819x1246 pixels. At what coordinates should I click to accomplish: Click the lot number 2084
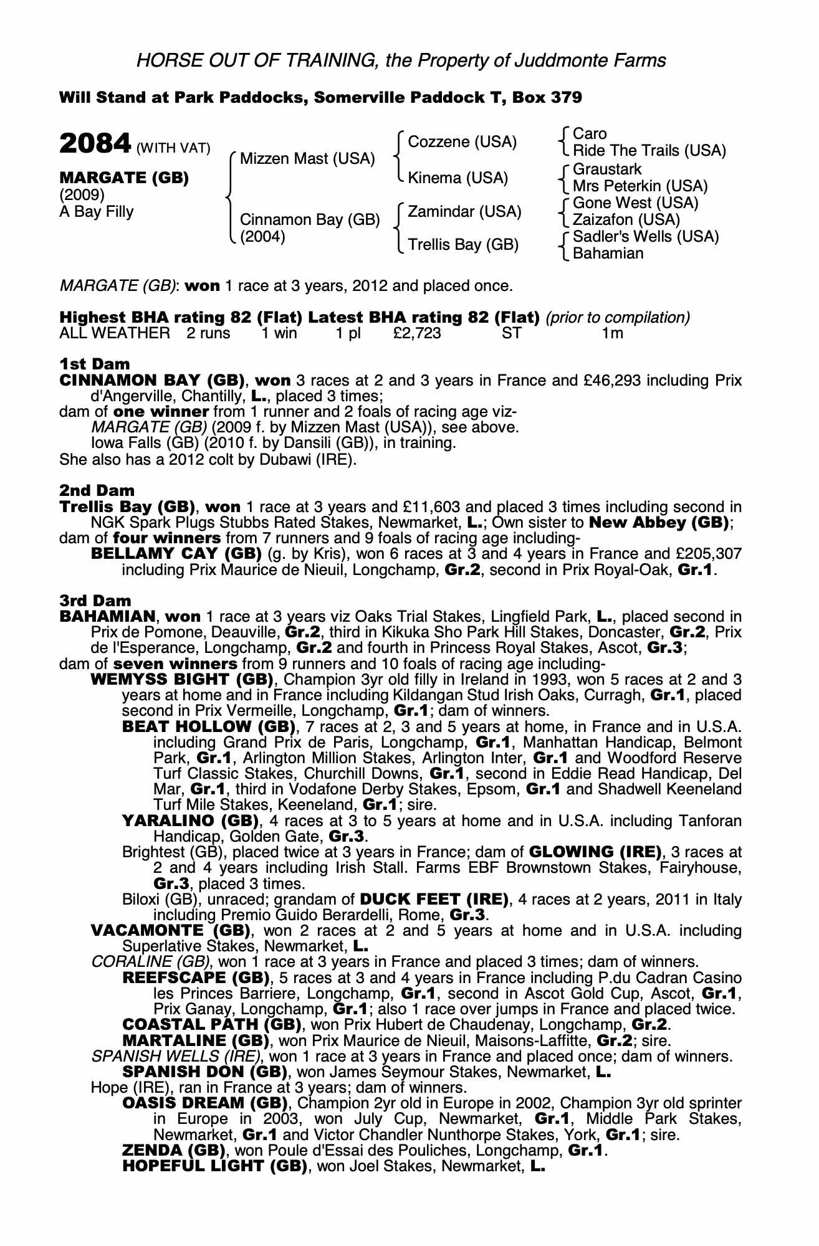tap(94, 144)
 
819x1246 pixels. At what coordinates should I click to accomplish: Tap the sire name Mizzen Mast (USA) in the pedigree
tap(307, 159)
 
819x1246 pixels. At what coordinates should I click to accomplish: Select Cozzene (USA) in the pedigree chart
tap(462, 142)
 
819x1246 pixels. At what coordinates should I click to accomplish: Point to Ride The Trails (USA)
tap(649, 151)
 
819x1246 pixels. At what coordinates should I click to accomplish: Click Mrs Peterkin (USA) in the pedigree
tap(640, 186)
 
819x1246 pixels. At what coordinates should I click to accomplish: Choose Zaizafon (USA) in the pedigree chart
tap(626, 220)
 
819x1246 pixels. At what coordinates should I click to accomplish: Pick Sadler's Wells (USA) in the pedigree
tap(646, 237)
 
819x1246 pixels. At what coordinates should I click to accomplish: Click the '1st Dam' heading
tap(95, 364)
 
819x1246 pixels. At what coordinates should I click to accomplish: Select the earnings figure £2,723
tap(417, 333)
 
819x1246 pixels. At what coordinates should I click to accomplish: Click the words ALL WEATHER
tap(114, 333)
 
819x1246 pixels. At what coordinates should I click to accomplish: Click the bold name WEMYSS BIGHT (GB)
tap(182, 679)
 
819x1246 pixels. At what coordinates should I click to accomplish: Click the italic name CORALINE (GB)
tap(150, 962)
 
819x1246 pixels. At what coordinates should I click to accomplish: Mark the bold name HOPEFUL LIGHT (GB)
tap(214, 1166)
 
